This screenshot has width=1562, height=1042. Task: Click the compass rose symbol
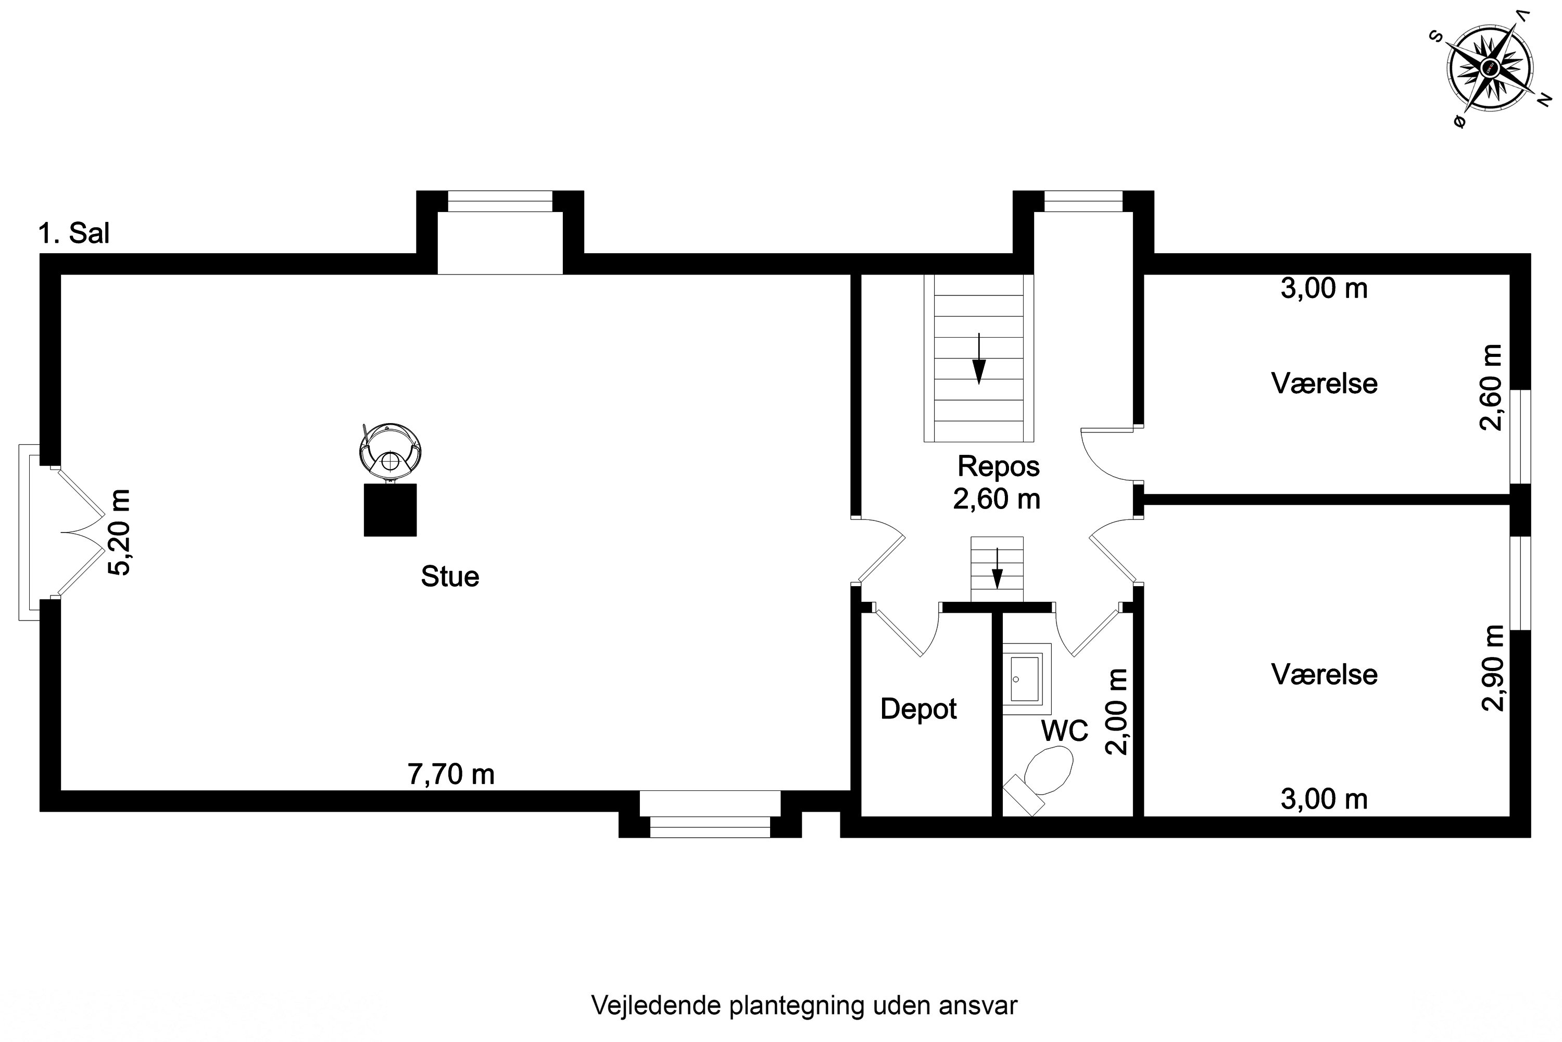pos(1490,67)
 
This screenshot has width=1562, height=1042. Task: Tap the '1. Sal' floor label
pos(74,234)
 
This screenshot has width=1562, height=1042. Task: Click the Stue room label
pos(450,577)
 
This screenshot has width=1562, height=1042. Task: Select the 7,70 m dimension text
pos(451,775)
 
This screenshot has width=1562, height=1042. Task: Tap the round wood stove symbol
pos(391,450)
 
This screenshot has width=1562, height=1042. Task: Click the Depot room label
pos(918,709)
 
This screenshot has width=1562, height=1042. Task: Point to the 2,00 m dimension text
pos(1116,712)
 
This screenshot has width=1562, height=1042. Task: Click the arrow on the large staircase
pos(978,367)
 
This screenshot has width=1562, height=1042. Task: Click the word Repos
pos(998,466)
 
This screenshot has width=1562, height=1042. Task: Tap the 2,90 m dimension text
pos(1493,668)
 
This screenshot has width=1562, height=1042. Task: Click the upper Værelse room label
pos(1324,384)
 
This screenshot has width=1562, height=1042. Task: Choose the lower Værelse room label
pos(1324,675)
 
